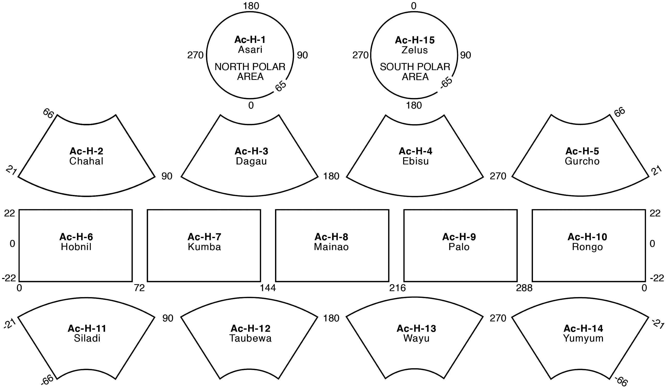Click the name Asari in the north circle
coord(250,50)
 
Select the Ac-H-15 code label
coord(414,40)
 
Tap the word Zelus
coord(414,50)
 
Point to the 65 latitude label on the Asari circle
coord(281,86)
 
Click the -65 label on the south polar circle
coord(446,84)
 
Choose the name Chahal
coord(86,161)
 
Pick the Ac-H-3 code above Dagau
coord(251,151)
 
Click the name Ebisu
coord(415,161)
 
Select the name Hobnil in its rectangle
coord(76,247)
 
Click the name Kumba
coord(204,247)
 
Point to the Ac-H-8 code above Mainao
coord(331,237)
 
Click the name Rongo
coord(587,247)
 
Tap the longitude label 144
coord(268,288)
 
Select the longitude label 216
coord(397,288)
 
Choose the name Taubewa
coord(250,338)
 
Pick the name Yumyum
coord(583,338)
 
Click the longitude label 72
coord(139,288)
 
